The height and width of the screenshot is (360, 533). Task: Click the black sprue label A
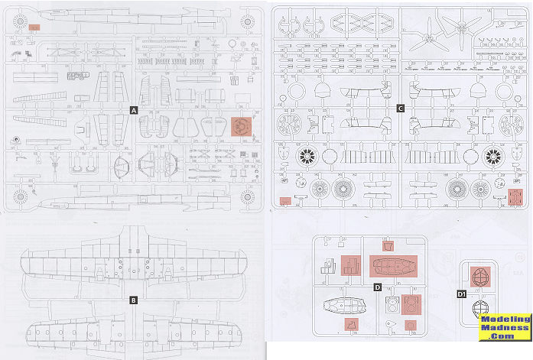(x=134, y=111)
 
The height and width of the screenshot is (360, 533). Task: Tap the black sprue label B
(x=134, y=300)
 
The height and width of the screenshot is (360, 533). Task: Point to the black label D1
(x=461, y=294)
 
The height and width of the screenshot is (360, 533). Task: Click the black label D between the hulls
(x=377, y=287)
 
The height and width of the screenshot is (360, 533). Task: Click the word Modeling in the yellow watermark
(x=505, y=319)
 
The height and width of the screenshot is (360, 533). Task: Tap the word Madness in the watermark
(x=505, y=329)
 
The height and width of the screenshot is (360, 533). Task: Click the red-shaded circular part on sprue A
(x=240, y=125)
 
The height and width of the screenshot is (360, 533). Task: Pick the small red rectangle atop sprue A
(x=34, y=27)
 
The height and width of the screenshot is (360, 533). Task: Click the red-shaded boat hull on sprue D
(x=392, y=267)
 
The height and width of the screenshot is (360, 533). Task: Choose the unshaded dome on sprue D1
(x=479, y=309)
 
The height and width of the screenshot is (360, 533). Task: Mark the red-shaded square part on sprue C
(x=514, y=198)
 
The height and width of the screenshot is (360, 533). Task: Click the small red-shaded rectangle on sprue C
(x=284, y=202)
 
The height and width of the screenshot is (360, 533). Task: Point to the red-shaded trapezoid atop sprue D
(x=388, y=246)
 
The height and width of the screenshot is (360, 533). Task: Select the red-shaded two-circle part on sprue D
(x=412, y=303)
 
